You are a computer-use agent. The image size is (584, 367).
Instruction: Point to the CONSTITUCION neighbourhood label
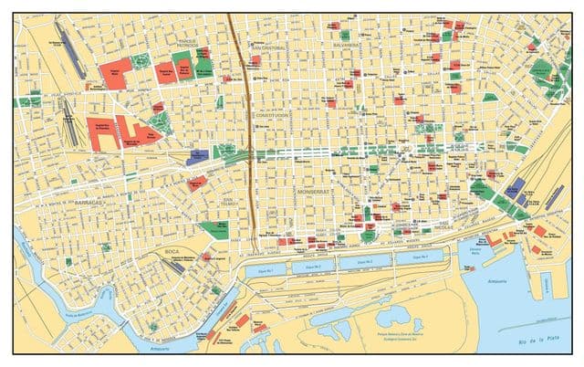click(x=271, y=116)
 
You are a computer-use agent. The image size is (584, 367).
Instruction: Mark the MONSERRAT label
click(x=315, y=194)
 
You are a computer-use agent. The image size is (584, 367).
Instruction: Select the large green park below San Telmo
click(x=215, y=227)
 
